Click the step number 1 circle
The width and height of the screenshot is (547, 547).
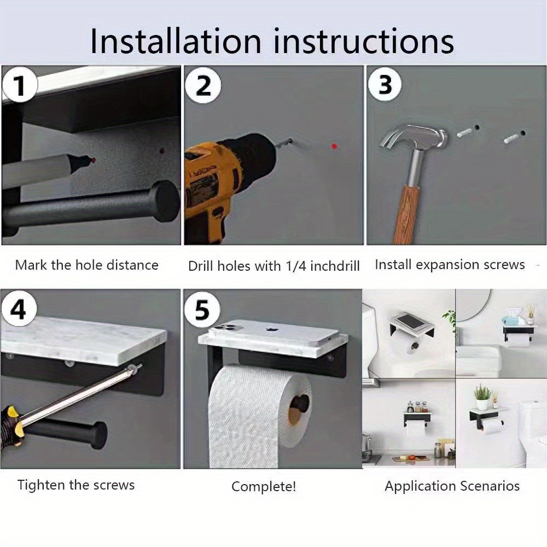20,85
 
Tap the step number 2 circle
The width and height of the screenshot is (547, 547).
203,85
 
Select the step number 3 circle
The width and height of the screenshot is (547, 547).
385,84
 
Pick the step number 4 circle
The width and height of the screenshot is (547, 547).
19,309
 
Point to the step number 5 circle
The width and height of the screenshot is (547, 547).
202,310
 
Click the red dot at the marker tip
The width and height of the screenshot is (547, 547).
94,160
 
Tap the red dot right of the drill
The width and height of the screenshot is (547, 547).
334,146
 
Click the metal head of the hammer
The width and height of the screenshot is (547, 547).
414,137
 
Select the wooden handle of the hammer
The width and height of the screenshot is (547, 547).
406,214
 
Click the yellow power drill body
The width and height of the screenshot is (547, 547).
210,188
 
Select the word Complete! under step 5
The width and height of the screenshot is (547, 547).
264,486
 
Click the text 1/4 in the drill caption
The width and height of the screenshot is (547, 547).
296,266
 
